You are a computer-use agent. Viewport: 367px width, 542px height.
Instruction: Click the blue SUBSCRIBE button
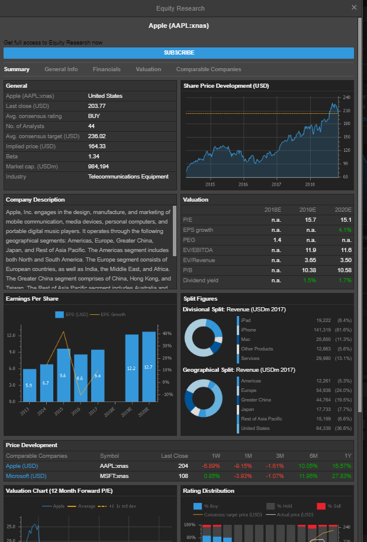[179, 53]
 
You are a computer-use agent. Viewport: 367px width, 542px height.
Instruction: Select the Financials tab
[107, 69]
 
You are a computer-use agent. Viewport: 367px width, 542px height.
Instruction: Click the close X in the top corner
[354, 8]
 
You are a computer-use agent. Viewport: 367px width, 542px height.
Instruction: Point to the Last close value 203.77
[97, 106]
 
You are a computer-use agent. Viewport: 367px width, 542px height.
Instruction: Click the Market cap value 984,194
[98, 167]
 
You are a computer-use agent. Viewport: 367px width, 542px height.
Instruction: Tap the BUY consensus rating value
[94, 116]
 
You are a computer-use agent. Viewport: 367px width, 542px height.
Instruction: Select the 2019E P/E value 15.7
[310, 220]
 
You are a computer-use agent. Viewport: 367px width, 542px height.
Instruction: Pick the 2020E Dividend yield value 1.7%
[346, 280]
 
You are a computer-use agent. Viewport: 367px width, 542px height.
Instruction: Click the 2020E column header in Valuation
[343, 210]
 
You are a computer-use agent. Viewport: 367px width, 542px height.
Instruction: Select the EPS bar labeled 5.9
[30, 385]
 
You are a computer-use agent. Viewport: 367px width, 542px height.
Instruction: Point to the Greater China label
[256, 400]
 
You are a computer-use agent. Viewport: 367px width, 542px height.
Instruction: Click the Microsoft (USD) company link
[26, 476]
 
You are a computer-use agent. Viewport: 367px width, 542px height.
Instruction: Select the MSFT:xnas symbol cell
[114, 476]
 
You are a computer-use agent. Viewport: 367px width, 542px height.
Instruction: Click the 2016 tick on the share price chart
[243, 184]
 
